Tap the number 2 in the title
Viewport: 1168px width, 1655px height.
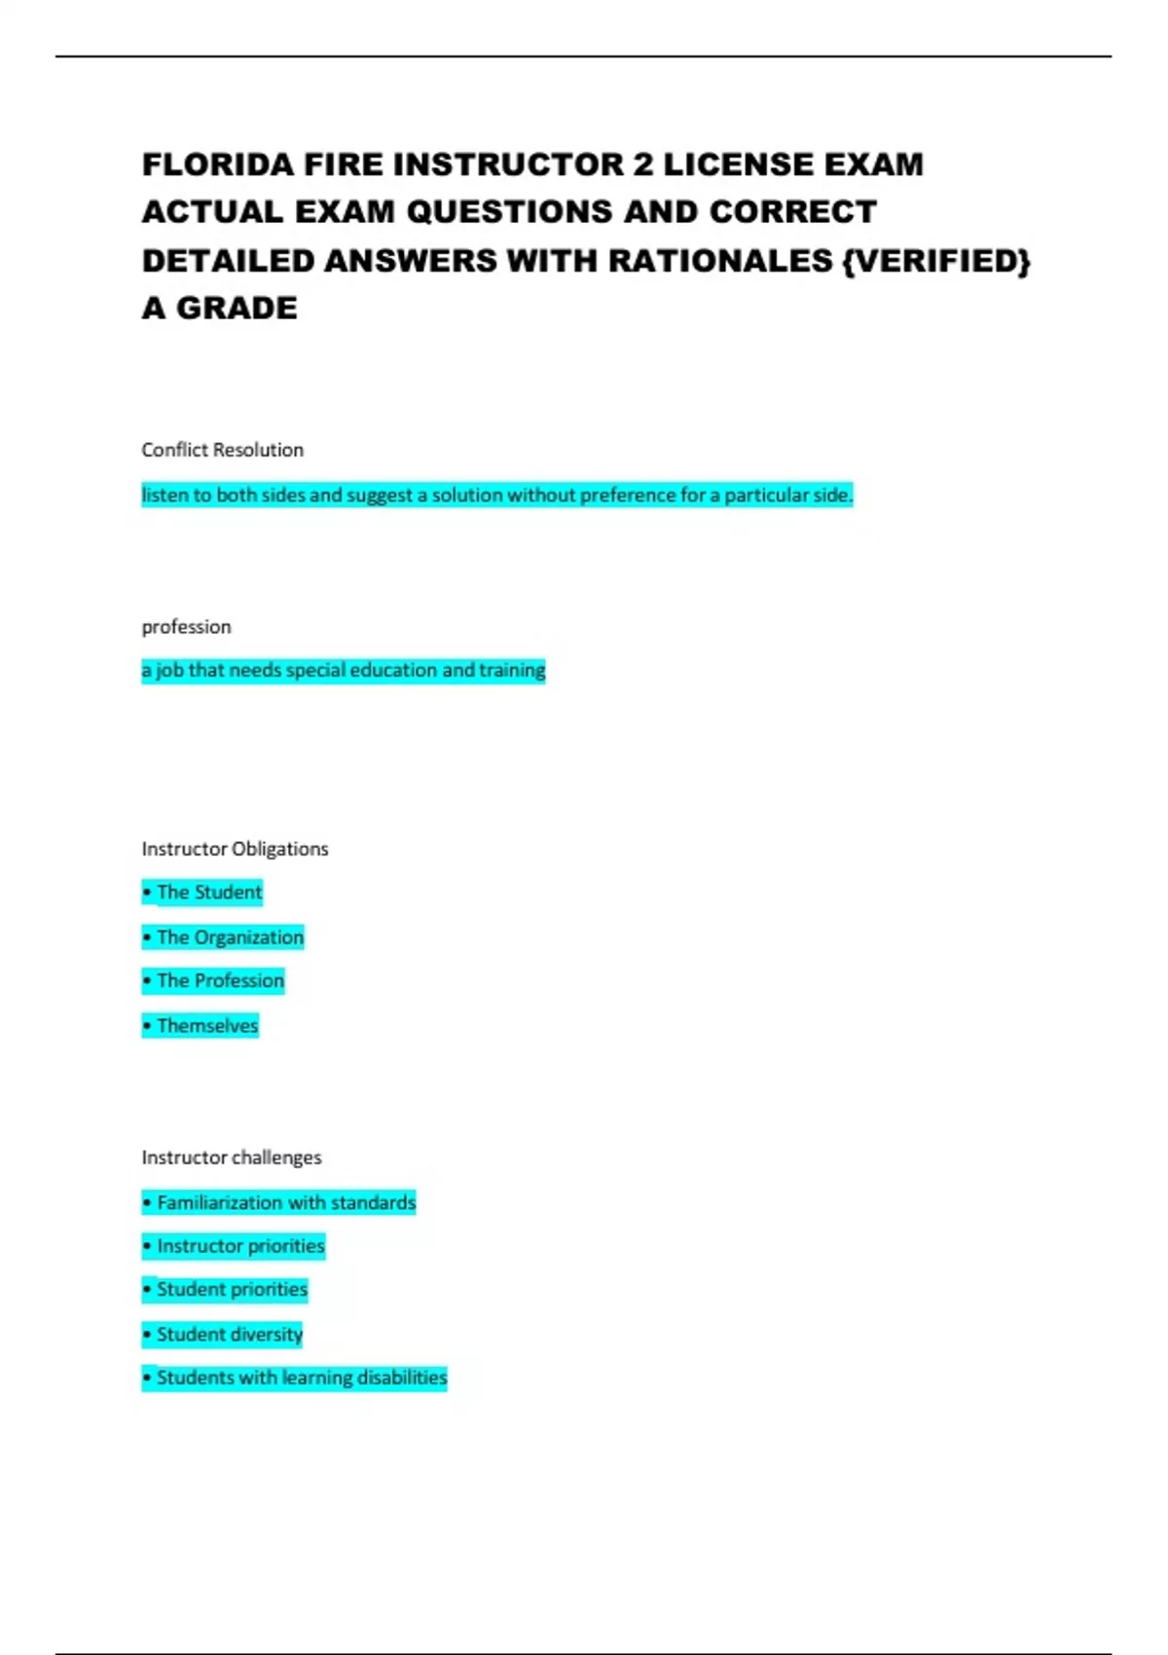(643, 165)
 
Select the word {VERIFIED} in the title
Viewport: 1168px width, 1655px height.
(936, 261)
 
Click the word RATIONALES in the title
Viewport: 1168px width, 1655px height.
(721, 261)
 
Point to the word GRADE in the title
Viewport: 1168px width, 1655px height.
(237, 309)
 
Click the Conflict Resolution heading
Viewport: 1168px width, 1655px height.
(222, 450)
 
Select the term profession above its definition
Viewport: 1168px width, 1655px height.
(186, 627)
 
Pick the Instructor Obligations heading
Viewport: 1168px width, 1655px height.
(235, 849)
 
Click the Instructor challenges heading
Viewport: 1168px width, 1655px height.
(231, 1158)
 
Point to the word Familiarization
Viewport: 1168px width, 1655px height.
(220, 1203)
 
